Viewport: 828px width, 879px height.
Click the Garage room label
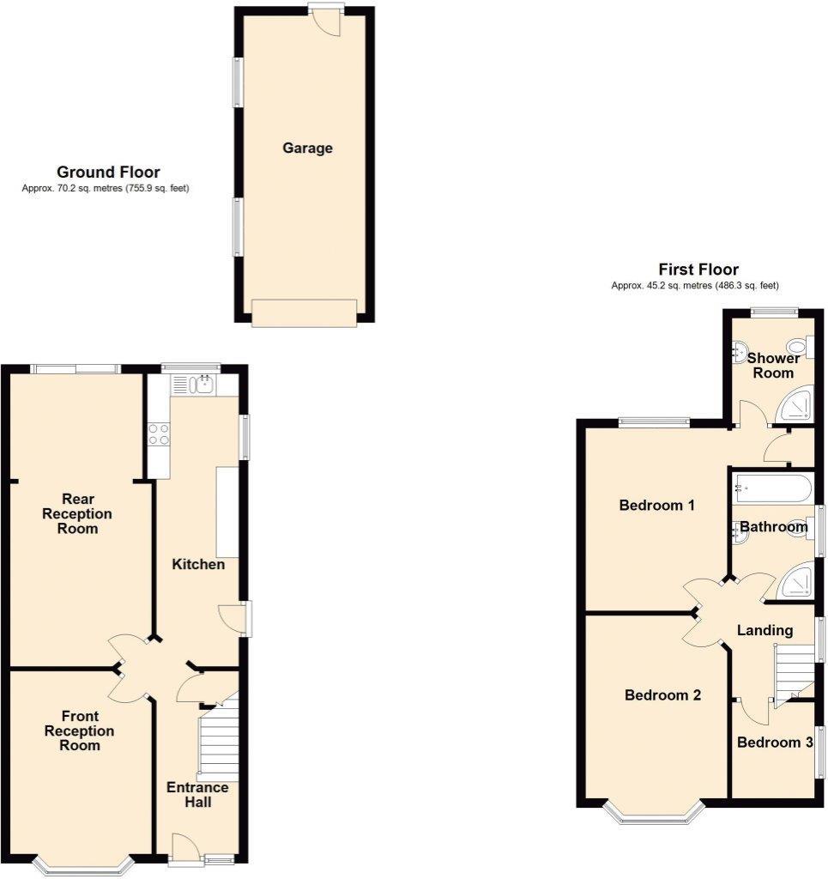pyautogui.click(x=307, y=149)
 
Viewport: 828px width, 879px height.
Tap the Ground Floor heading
pyautogui.click(x=108, y=173)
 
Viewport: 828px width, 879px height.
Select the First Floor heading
pyautogui.click(x=698, y=270)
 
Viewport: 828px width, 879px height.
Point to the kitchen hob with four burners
pyautogui.click(x=158, y=434)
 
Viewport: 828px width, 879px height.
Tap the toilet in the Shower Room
pyautogui.click(x=798, y=348)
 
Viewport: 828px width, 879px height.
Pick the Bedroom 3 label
pyautogui.click(x=774, y=743)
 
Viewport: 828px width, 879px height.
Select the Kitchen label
pyautogui.click(x=198, y=564)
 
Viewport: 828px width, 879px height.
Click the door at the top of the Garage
pyautogui.click(x=327, y=21)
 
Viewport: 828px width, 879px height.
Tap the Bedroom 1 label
pyautogui.click(x=656, y=506)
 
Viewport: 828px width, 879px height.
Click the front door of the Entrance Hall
pyautogui.click(x=186, y=849)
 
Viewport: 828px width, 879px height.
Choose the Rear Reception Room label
pyautogui.click(x=77, y=513)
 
